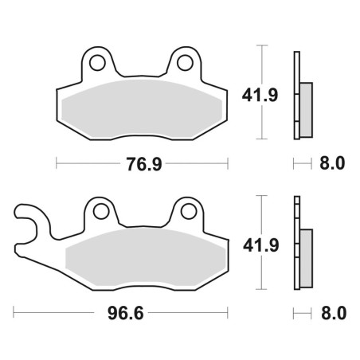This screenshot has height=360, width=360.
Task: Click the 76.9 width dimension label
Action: tap(144, 164)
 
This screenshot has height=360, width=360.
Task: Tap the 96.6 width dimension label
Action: tap(126, 313)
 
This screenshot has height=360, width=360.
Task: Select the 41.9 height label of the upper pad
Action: tap(260, 96)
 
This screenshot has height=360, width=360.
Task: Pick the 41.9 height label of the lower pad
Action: tap(261, 245)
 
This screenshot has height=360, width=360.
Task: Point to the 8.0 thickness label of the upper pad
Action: tap(332, 163)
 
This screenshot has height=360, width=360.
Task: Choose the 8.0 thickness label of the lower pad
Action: tap(334, 313)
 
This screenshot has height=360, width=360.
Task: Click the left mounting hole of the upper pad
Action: tap(97, 63)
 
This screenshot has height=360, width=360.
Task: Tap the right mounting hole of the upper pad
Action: tap(185, 63)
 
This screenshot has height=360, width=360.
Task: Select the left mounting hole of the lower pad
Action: tap(101, 212)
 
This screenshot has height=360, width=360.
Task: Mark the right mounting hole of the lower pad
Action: tap(189, 211)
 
